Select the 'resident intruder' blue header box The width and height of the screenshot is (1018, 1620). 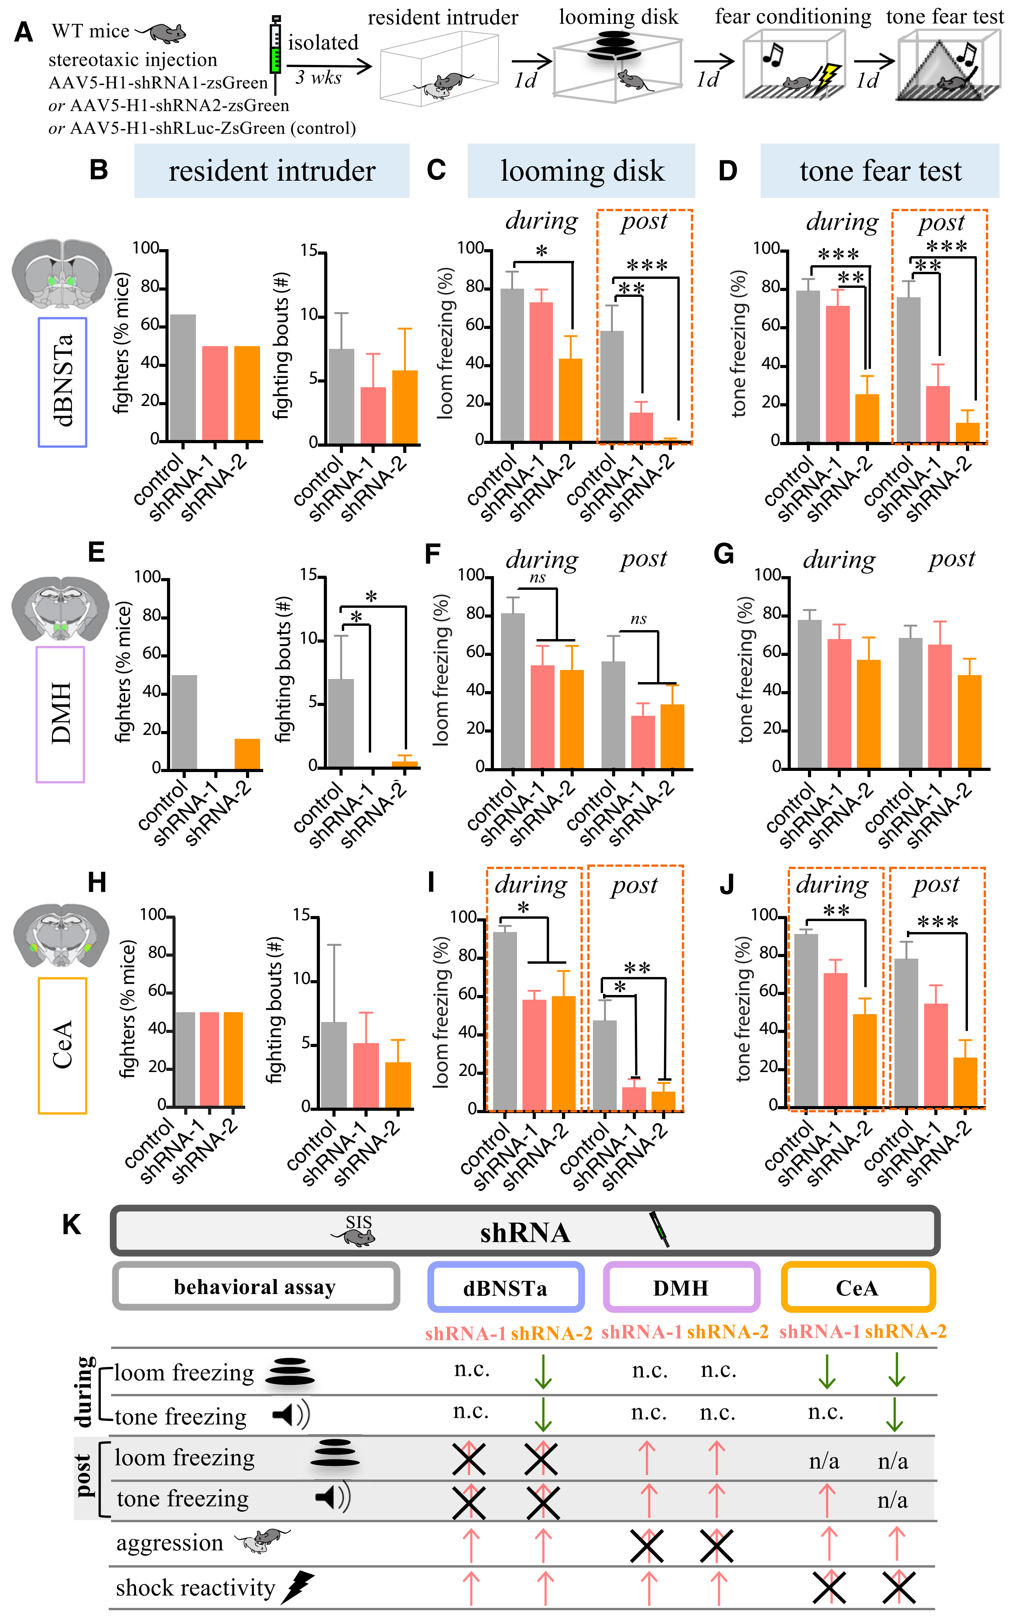click(x=272, y=171)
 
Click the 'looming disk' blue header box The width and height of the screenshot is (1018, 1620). click(x=581, y=171)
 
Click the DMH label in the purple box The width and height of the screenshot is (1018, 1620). click(x=61, y=714)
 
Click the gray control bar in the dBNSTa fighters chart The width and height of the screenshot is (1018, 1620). click(x=183, y=377)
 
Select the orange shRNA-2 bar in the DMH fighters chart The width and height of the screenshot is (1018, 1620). click(x=247, y=754)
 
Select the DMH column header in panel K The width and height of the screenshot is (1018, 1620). click(x=681, y=1288)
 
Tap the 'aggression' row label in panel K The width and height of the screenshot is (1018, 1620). click(x=170, y=1543)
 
